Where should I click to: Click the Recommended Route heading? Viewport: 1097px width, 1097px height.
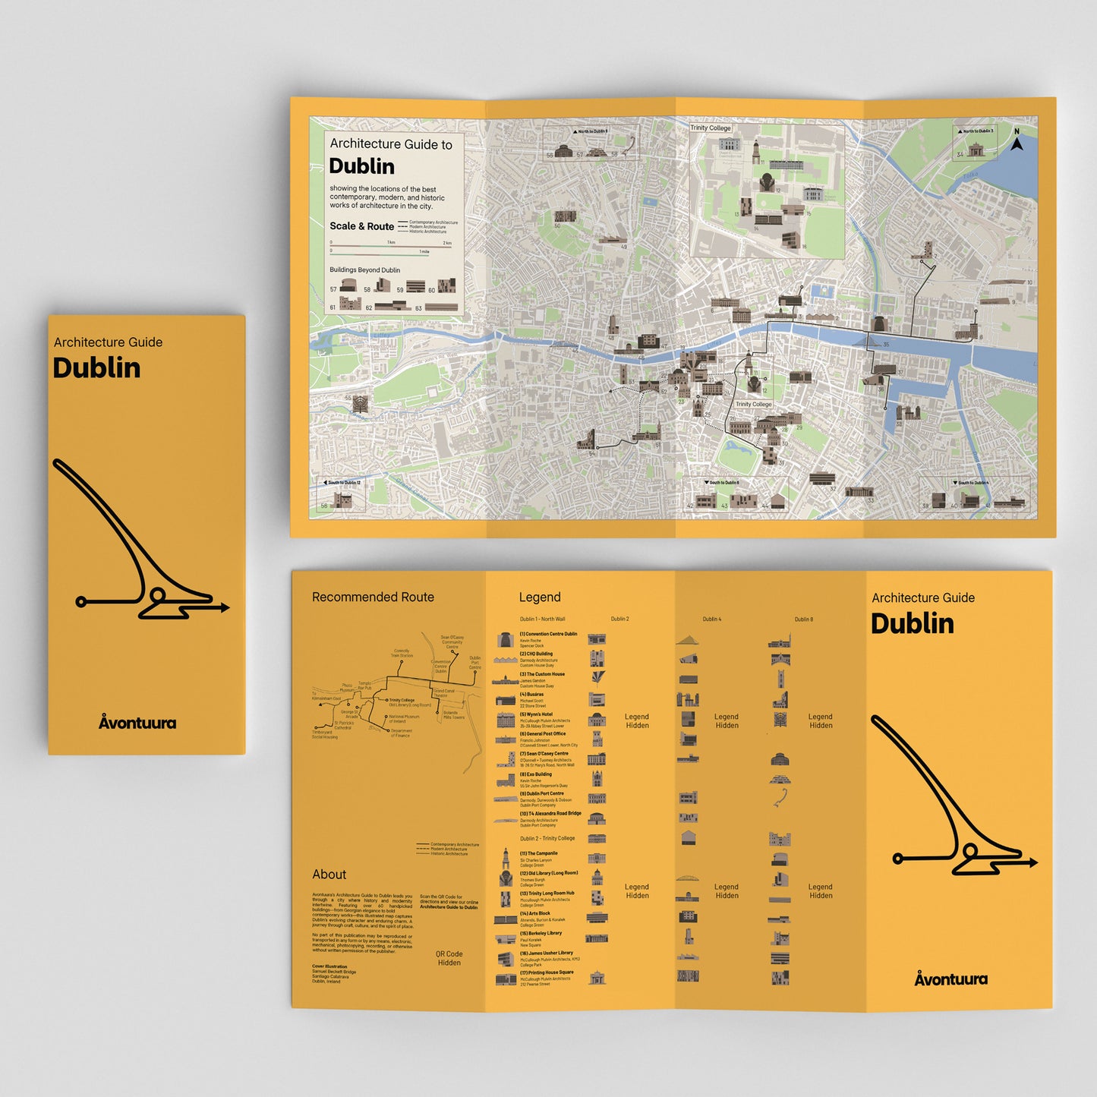click(373, 597)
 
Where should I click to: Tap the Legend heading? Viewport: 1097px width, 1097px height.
click(539, 597)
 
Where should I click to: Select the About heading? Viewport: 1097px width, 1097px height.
click(329, 875)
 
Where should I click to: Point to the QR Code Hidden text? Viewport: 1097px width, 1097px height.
click(449, 958)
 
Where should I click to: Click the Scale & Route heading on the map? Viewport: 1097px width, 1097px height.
click(361, 226)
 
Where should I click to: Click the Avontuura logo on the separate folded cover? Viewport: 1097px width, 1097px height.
click(137, 722)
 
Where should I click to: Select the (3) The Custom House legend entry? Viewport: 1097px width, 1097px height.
click(542, 674)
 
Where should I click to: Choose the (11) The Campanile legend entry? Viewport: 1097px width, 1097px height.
click(538, 853)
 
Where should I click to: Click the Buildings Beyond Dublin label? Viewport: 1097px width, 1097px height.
click(364, 270)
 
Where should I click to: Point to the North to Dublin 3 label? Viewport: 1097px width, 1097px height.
click(977, 131)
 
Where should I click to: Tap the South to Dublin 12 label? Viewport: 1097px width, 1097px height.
click(343, 483)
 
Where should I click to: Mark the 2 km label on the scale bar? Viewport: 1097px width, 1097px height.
click(447, 243)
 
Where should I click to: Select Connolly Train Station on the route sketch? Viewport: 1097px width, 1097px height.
click(402, 653)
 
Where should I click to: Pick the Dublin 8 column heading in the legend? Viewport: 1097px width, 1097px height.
click(803, 619)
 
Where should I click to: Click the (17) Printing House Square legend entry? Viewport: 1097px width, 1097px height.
click(546, 972)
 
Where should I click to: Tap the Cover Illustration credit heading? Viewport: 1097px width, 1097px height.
click(329, 966)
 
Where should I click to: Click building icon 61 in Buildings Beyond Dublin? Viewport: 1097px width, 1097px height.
click(350, 303)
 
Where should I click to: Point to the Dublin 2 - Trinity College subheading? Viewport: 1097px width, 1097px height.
click(547, 839)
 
